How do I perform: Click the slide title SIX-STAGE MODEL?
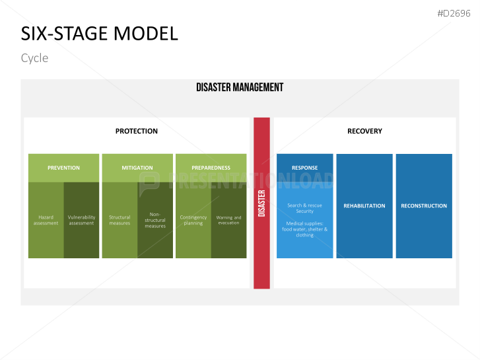99,34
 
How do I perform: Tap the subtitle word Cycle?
34,58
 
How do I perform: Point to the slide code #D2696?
454,13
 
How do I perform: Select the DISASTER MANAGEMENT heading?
240,87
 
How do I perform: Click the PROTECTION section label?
137,131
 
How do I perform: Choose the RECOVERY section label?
364,131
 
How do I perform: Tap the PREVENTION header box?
63,168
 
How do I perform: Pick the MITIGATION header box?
137,168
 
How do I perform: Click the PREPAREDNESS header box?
211,168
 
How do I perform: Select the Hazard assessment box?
46,220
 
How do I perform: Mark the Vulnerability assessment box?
81,220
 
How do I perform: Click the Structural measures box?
120,220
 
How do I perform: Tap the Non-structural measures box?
155,220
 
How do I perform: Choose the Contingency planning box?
193,220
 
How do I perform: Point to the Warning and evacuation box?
228,220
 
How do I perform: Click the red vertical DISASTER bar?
261,203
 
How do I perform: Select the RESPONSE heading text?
304,168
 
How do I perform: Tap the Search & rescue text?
304,205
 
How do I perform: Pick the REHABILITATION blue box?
364,205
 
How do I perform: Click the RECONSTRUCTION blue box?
424,205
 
